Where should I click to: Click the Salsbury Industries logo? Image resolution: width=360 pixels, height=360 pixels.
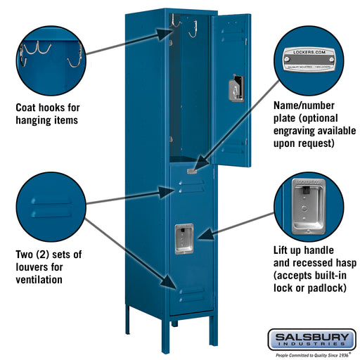311,340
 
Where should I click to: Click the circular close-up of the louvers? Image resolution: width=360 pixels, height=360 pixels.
50,208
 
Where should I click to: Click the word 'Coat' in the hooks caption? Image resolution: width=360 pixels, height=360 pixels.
27,108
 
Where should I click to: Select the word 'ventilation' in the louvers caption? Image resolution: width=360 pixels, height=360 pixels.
39,280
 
